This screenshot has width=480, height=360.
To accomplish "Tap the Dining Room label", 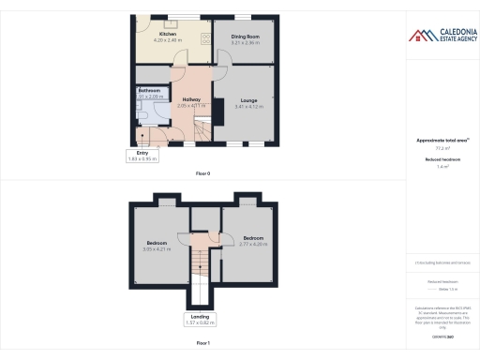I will (x=247, y=36).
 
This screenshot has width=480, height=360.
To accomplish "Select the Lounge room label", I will (x=249, y=99).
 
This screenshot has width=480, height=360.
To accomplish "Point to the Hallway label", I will (x=191, y=99).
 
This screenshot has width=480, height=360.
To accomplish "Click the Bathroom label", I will (x=150, y=90).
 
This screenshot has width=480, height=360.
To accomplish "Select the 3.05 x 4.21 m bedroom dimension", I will (x=160, y=249).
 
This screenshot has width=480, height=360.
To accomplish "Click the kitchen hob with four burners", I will (x=204, y=37).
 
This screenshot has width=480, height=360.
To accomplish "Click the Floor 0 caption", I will (x=202, y=174).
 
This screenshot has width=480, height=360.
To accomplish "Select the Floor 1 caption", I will (x=202, y=344).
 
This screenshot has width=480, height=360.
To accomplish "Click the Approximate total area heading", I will (x=442, y=141).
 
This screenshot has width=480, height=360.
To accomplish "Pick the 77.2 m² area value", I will (x=442, y=148).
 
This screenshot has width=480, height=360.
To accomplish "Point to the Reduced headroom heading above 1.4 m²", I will (x=442, y=159).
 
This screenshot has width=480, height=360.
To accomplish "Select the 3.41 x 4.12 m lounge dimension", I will (x=249, y=106).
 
